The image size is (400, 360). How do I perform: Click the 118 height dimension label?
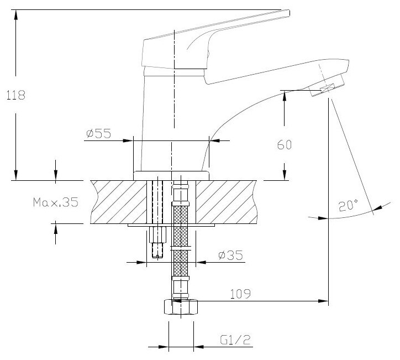(15, 95)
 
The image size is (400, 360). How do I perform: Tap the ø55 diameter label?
(99, 133)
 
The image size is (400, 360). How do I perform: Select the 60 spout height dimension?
(284, 145)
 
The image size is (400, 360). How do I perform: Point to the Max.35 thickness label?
(55, 202)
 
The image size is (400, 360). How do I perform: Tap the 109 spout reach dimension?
(240, 294)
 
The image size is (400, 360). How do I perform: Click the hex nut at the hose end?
(180, 307)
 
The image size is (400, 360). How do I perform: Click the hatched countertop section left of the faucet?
(116, 202)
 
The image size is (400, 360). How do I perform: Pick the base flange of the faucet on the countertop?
(171, 175)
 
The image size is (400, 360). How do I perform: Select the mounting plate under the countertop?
(171, 226)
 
